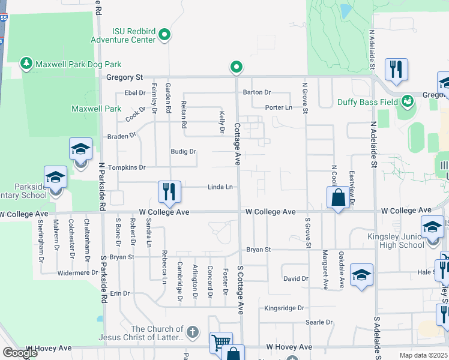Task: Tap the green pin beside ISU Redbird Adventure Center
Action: pos(166,36)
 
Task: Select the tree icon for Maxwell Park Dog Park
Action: pos(26,63)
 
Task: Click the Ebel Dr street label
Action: pos(135,93)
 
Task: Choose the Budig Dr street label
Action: pos(184,152)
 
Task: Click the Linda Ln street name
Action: pos(220,187)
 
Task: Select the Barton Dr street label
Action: pos(258,92)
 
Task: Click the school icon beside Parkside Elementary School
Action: pos(55,178)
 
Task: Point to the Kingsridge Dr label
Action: pos(285,308)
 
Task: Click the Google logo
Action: pos(20,353)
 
